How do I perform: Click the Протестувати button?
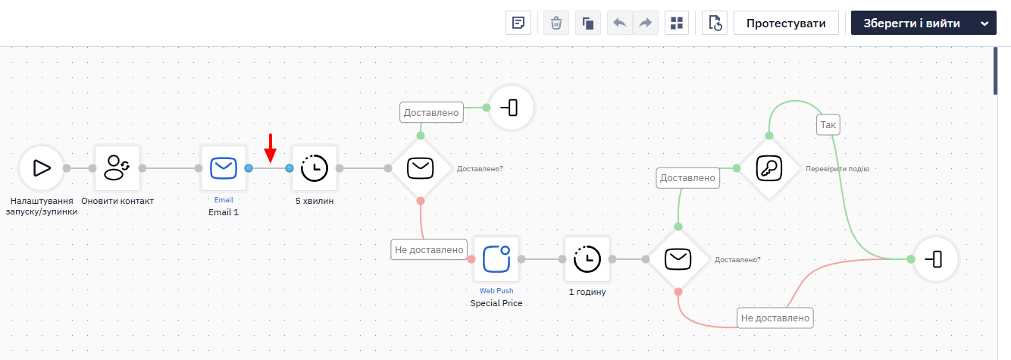[x=786, y=23]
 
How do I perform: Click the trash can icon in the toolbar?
[x=556, y=23]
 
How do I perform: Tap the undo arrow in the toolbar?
[x=620, y=23]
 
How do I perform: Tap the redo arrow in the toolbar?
[x=646, y=23]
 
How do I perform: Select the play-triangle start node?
[x=42, y=168]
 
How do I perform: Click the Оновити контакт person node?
[x=117, y=168]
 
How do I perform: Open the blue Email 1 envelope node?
[x=224, y=168]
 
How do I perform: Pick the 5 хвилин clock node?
[x=314, y=168]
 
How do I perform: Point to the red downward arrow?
[x=271, y=148]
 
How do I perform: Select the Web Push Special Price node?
[x=496, y=259]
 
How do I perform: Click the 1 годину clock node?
[x=587, y=259]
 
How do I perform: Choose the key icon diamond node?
[x=769, y=168]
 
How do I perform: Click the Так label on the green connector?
[x=828, y=125]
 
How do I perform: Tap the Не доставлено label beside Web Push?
[x=429, y=249]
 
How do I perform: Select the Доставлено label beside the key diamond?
[x=688, y=178]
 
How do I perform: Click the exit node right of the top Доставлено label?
[x=512, y=108]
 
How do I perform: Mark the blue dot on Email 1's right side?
[x=249, y=168]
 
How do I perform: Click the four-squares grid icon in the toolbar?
[x=677, y=23]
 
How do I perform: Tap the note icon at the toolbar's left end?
[x=518, y=23]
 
